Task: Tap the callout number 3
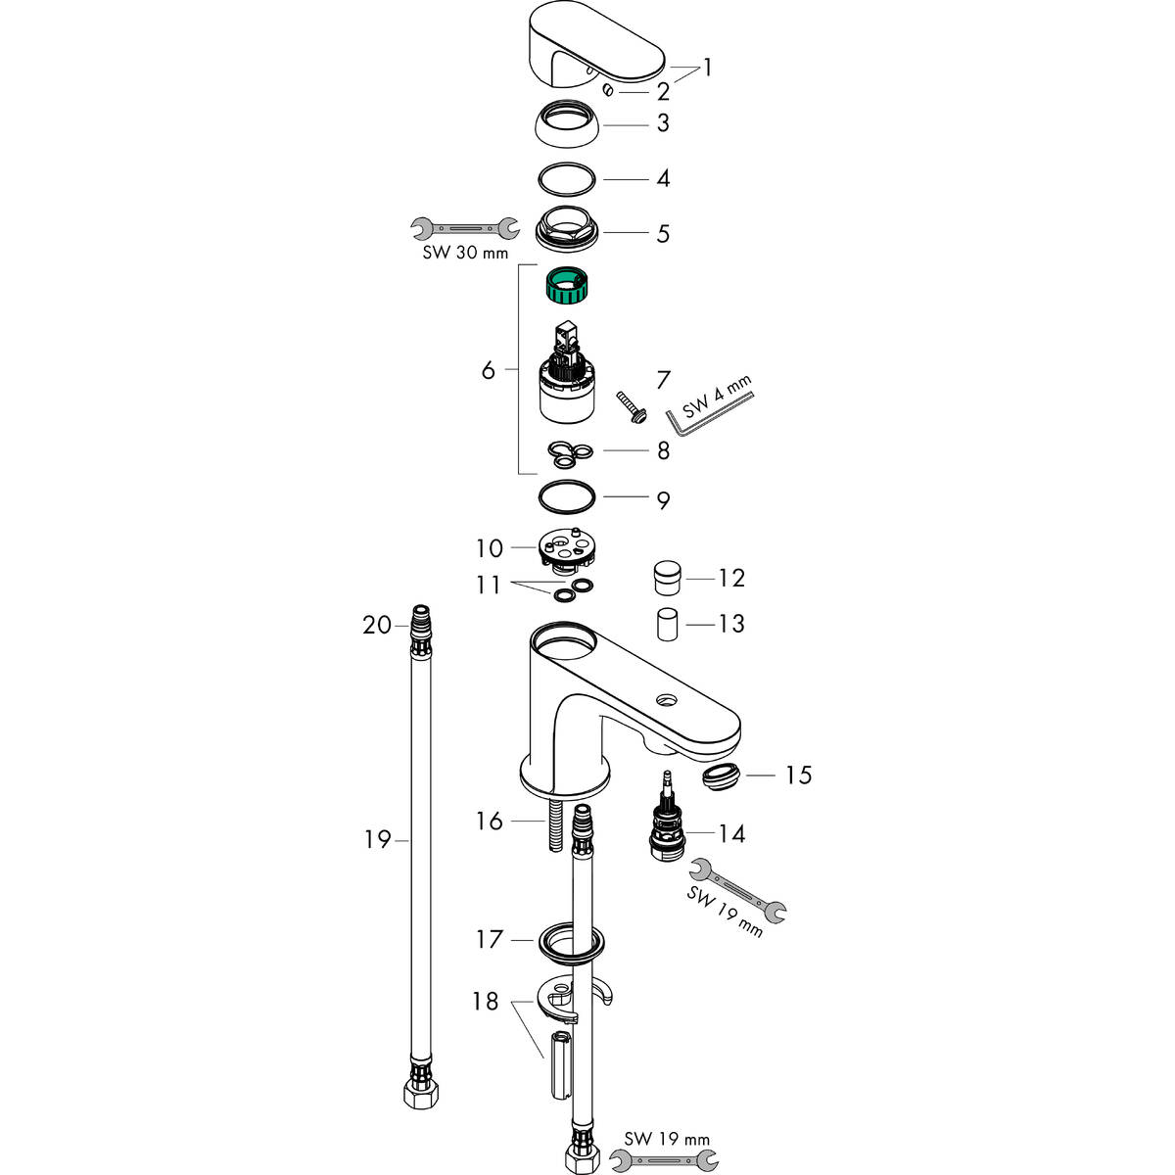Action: [663, 123]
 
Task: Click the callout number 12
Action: [731, 578]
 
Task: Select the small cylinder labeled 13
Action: [668, 624]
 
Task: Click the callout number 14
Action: [731, 833]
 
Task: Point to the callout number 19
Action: [377, 839]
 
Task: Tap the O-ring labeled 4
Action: [567, 179]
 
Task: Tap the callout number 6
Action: [488, 370]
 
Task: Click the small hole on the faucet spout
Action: [668, 700]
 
